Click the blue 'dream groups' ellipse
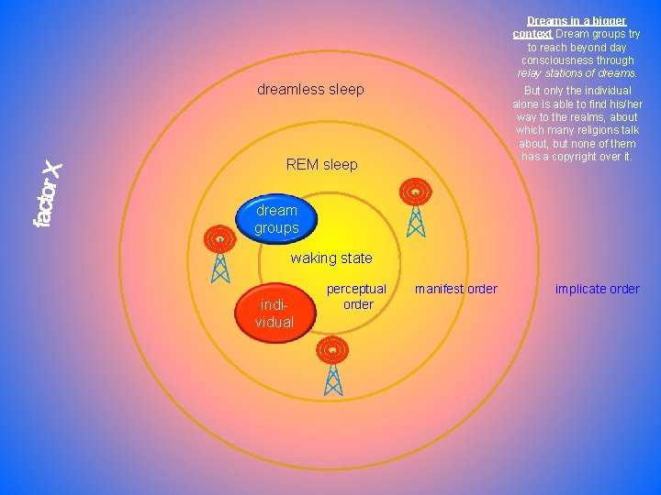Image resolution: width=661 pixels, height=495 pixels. (x=276, y=218)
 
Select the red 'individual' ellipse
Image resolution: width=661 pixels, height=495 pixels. (x=274, y=311)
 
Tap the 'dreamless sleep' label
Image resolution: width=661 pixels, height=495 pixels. (x=310, y=89)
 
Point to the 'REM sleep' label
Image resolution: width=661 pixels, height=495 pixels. (x=321, y=165)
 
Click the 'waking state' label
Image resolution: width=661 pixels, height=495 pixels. (x=331, y=258)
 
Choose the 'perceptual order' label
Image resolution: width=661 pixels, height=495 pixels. (x=357, y=296)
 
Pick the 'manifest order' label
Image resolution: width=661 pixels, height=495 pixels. (x=455, y=289)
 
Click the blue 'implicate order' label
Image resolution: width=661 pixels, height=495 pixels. (x=597, y=289)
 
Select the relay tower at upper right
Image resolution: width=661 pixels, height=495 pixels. (x=416, y=207)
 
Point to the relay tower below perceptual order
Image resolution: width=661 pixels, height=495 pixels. (x=333, y=366)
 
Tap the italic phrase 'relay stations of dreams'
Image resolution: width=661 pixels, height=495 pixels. (x=577, y=73)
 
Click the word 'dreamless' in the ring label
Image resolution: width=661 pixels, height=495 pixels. (x=286, y=89)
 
